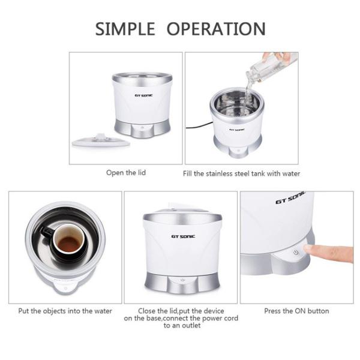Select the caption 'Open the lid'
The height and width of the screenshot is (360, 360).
126,173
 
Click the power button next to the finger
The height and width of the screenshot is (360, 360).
295,253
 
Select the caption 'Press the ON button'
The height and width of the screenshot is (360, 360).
297,311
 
